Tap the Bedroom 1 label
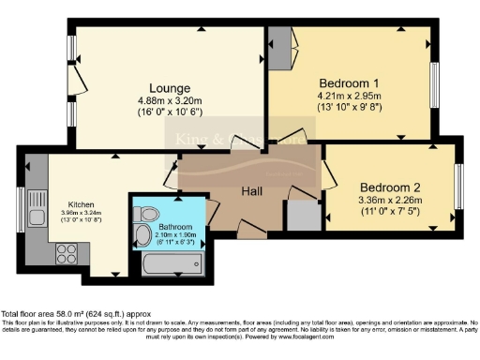[x=352, y=81]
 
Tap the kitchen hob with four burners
[x=67, y=251]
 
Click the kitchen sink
[x=37, y=201]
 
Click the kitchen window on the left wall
[x=21, y=210]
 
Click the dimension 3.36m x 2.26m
[x=390, y=199]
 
